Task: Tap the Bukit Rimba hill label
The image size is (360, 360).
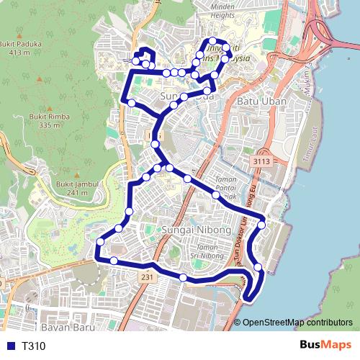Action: (x=49, y=114)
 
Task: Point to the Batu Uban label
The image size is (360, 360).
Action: (x=263, y=102)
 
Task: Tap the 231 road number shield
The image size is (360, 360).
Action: (x=147, y=276)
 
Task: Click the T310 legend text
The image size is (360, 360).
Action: (x=34, y=346)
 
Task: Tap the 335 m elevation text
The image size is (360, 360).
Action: (x=49, y=125)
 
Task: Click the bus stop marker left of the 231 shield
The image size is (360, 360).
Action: (x=114, y=261)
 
